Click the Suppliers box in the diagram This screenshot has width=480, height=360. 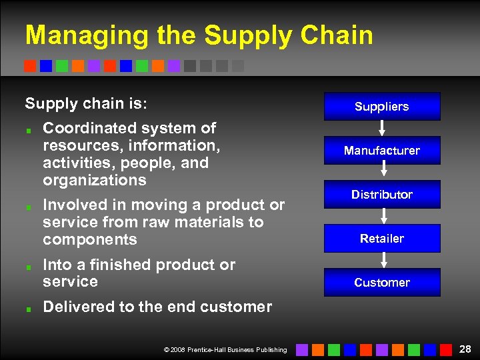(x=382, y=106)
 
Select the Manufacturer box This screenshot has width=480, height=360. (x=382, y=150)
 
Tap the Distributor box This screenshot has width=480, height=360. (x=382, y=194)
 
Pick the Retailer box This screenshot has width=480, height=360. (x=382, y=238)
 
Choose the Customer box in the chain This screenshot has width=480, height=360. (x=382, y=282)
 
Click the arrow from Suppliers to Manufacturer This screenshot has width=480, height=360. (x=383, y=128)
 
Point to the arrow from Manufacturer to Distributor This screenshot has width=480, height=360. (x=383, y=172)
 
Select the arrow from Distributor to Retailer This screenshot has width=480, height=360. (x=383, y=216)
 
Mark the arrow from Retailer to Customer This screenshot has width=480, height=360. (x=383, y=260)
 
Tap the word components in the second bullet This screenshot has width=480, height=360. (x=89, y=239)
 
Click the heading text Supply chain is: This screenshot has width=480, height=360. (x=86, y=103)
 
